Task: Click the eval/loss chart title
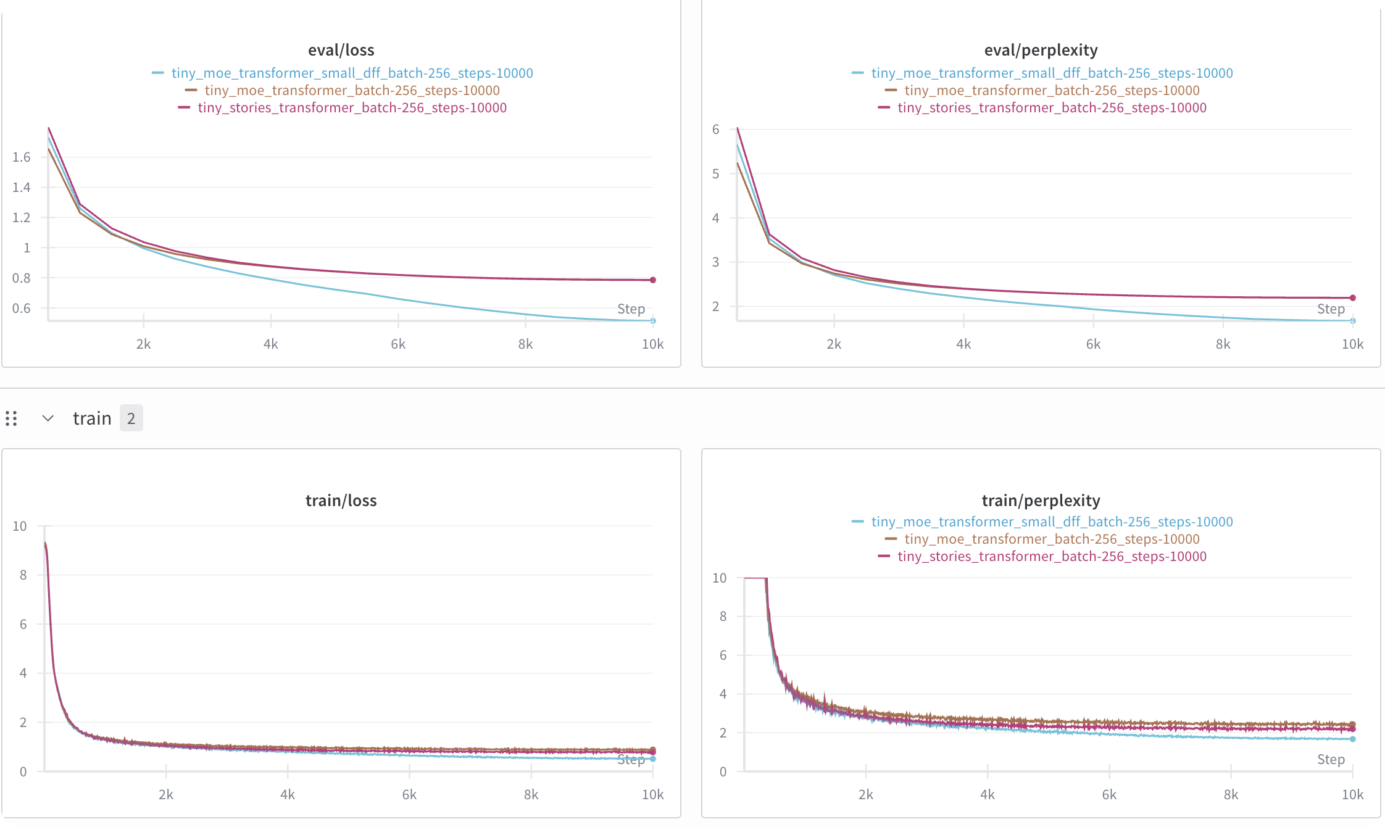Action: [341, 50]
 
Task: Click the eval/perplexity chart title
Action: [1041, 50]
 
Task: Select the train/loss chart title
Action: [341, 500]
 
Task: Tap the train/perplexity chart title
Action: [1041, 500]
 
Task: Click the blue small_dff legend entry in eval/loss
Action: [343, 73]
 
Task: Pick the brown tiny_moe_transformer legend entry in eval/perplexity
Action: [1042, 90]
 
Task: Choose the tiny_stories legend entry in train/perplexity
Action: [1042, 556]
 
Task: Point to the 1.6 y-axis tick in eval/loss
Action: [22, 157]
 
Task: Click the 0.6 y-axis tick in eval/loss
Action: [22, 308]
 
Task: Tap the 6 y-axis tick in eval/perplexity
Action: [715, 130]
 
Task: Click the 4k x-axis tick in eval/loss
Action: [270, 344]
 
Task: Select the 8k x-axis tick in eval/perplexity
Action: [1223, 344]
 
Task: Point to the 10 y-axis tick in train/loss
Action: [20, 526]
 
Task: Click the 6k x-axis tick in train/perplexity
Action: [1109, 795]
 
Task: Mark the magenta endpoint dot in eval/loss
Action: [653, 280]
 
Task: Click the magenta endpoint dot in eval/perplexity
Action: [1353, 298]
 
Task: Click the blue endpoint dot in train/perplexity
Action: [1353, 739]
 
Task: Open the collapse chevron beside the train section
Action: [48, 418]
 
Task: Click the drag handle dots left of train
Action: [11, 418]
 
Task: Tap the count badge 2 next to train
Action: [131, 418]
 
